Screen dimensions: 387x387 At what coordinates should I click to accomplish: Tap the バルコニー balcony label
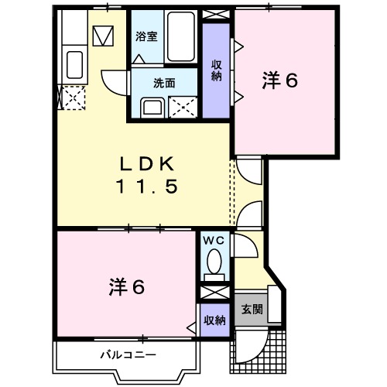[x=128, y=355]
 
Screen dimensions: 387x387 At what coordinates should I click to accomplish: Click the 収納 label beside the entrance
[x=214, y=320]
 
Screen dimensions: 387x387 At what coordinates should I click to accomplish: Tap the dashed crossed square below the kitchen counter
[x=74, y=99]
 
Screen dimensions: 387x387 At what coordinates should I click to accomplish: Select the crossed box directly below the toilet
[x=214, y=293]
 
